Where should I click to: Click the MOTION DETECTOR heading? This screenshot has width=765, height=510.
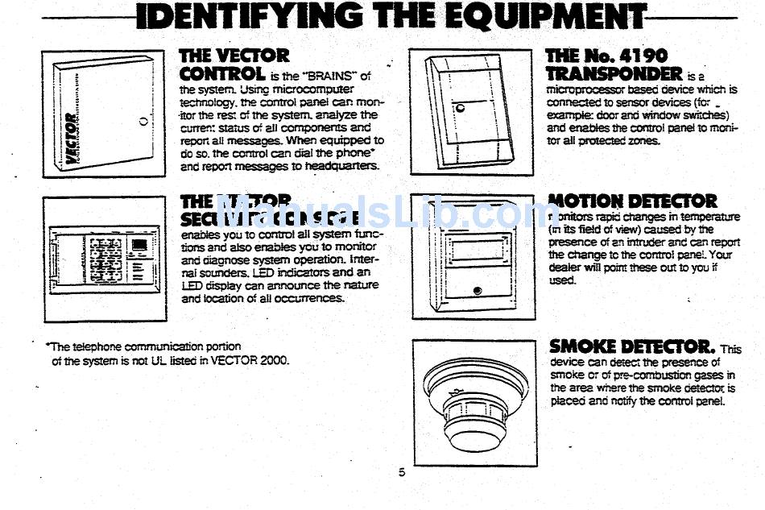click(631, 201)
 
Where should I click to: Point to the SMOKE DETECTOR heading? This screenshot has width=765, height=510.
click(631, 346)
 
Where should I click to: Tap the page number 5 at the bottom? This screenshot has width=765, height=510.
click(402, 472)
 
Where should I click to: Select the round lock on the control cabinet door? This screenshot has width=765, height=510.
click(143, 122)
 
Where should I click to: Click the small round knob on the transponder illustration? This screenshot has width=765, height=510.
click(460, 107)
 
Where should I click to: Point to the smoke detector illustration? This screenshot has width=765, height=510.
click(475, 399)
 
